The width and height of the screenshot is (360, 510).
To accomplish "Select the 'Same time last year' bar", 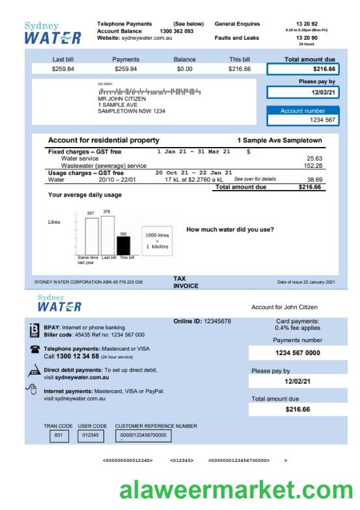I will [91, 236].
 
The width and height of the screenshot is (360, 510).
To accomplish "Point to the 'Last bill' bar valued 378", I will [107, 235].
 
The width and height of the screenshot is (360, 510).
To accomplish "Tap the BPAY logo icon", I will [35, 330].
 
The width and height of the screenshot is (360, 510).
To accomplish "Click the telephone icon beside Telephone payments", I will [34, 350].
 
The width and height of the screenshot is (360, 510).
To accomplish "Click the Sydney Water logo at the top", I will [52, 33].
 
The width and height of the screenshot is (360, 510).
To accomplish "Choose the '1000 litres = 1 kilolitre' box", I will [157, 241].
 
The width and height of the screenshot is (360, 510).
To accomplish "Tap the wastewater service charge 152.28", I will [314, 166].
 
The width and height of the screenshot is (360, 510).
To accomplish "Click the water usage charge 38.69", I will [314, 179].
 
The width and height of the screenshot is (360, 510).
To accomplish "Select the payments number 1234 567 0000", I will [298, 353].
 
